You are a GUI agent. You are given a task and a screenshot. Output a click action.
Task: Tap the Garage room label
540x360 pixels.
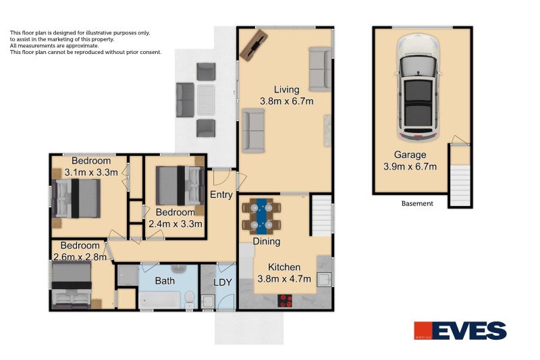(x=410, y=155)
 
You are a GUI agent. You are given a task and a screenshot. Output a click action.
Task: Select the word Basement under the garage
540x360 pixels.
(x=417, y=203)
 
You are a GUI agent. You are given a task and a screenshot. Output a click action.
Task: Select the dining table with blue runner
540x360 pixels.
(x=261, y=215)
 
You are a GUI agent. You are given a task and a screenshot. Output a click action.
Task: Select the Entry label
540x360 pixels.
(x=221, y=195)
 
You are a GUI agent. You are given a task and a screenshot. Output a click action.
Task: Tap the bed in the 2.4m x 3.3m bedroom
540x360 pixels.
(x=180, y=186)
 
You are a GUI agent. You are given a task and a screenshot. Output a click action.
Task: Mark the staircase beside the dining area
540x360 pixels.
(x=321, y=215)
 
